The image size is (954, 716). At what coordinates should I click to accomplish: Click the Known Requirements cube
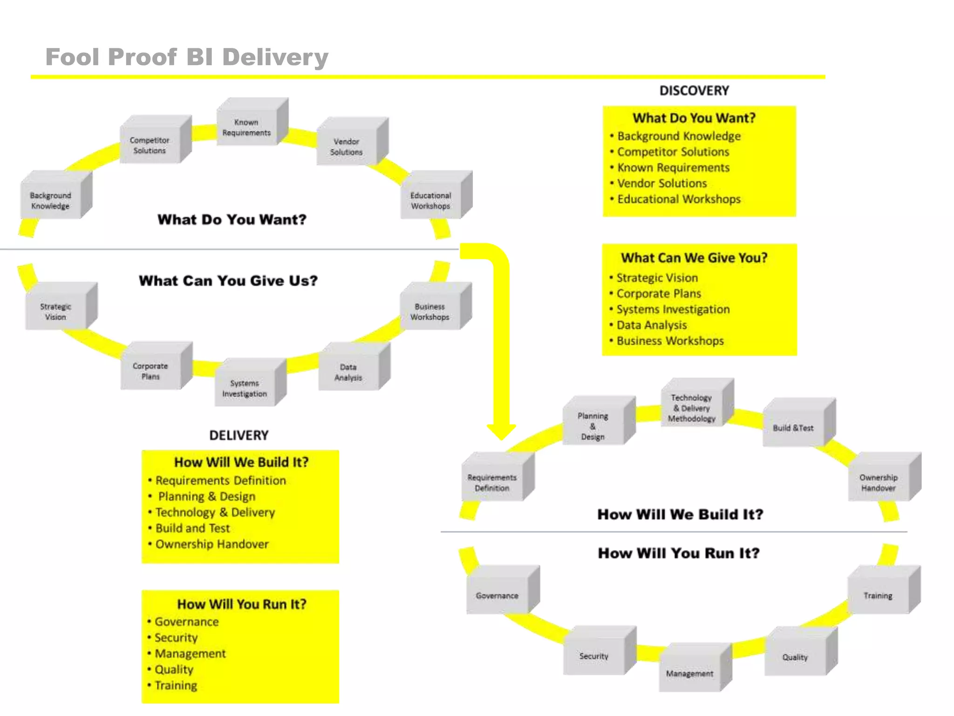[247, 127]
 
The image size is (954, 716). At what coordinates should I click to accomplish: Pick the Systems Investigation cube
[245, 388]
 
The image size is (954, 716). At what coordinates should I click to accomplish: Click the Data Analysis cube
[348, 372]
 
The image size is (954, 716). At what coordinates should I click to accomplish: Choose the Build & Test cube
[793, 428]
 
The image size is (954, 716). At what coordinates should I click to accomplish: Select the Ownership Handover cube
[879, 482]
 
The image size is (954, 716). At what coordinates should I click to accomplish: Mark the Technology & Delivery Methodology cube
[692, 408]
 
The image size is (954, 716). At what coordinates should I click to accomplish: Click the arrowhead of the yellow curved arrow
[501, 431]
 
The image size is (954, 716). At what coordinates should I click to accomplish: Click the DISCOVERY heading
[694, 90]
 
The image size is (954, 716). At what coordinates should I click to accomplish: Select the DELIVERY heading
[239, 435]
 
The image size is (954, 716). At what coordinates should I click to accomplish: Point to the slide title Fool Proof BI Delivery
[187, 57]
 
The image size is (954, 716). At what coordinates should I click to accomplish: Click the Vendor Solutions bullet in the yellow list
[662, 183]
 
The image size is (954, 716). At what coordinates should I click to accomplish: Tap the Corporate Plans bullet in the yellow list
[659, 294]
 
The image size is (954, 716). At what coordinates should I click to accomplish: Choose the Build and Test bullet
[193, 528]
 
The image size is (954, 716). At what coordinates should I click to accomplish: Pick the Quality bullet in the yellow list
[174, 669]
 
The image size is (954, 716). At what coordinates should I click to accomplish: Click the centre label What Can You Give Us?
[228, 281]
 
